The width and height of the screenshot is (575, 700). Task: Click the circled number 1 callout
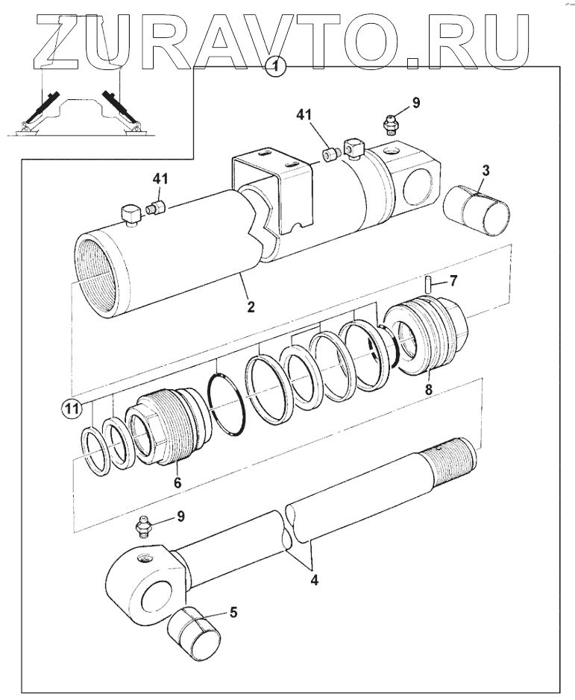pyautogui.click(x=277, y=67)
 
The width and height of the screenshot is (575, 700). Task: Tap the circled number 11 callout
pyautogui.click(x=71, y=408)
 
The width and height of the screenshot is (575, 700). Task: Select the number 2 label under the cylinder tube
pyautogui.click(x=251, y=306)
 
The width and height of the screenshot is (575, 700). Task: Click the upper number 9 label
pyautogui.click(x=416, y=103)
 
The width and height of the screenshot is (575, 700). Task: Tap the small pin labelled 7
pyautogui.click(x=431, y=284)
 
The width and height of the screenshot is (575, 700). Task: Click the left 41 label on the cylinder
pyautogui.click(x=161, y=178)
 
